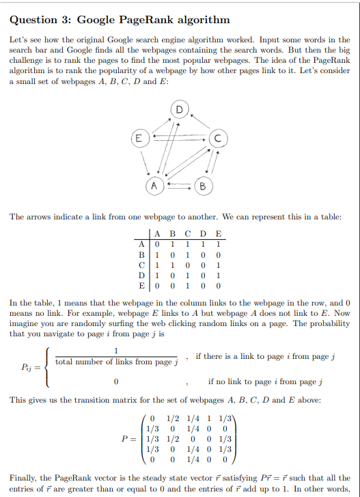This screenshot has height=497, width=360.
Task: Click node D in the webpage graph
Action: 180,109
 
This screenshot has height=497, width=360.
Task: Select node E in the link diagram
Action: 139,138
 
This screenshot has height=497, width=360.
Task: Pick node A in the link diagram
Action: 155,185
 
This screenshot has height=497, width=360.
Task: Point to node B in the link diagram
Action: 203,185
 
